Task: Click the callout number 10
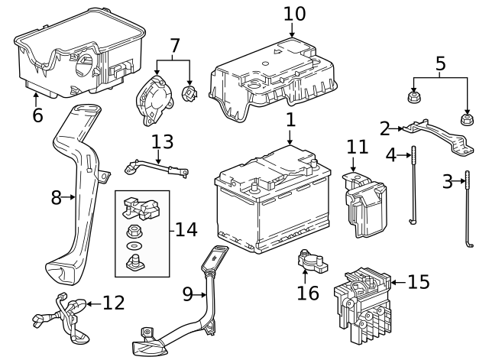[x=294, y=13]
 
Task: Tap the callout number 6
[x=37, y=116]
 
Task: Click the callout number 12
[x=112, y=303]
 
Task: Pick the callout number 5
[x=439, y=63]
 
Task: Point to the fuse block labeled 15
[x=363, y=302]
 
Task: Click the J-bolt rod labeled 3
[x=468, y=210]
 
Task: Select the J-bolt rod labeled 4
[x=413, y=183]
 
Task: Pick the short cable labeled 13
[x=157, y=166]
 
